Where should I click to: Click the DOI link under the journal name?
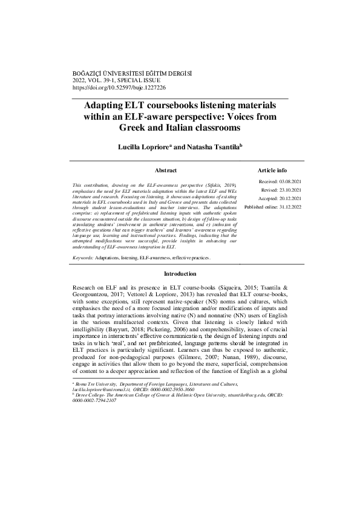tap(119, 86)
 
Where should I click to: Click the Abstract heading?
tap(165, 171)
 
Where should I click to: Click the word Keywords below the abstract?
tap(82, 257)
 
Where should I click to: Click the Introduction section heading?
tap(180, 274)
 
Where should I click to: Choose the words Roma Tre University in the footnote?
tap(92, 384)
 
